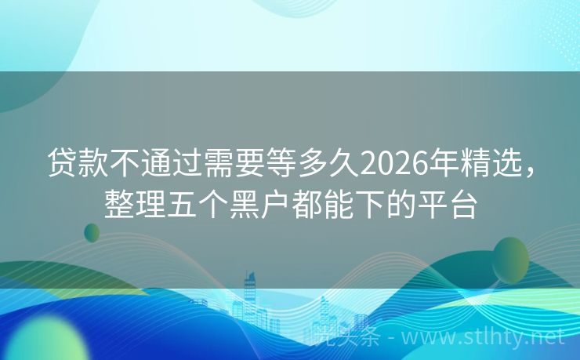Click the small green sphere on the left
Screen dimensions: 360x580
click(92, 232)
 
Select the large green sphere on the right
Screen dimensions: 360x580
click(510, 260)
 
